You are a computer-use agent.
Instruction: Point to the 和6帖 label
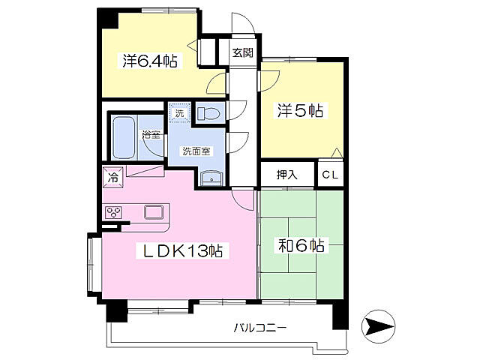point(301,245)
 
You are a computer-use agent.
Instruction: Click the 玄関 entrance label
point(241,52)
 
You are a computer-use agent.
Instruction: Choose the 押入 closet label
point(287,175)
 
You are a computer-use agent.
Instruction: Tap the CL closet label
point(330,175)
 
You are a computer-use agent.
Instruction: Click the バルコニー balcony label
point(259,328)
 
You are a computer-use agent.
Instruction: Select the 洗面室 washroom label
point(196,150)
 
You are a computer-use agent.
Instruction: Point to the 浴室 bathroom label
point(151,134)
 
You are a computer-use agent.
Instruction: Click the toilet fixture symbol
point(209,113)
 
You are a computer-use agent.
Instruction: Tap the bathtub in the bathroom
point(124,136)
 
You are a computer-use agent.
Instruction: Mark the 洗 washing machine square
point(178,112)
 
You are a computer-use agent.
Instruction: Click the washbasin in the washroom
point(211,178)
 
